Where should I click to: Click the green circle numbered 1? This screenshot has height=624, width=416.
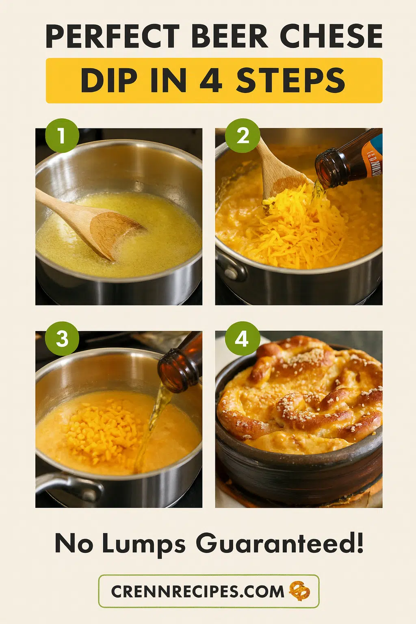point(62,135)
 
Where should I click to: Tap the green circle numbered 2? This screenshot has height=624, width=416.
point(243,136)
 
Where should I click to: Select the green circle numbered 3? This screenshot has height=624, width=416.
point(62,338)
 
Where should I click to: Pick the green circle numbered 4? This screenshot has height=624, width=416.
point(243,338)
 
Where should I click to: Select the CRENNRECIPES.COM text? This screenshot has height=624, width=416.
point(197,591)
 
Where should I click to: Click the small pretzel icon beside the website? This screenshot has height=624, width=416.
point(299,591)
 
